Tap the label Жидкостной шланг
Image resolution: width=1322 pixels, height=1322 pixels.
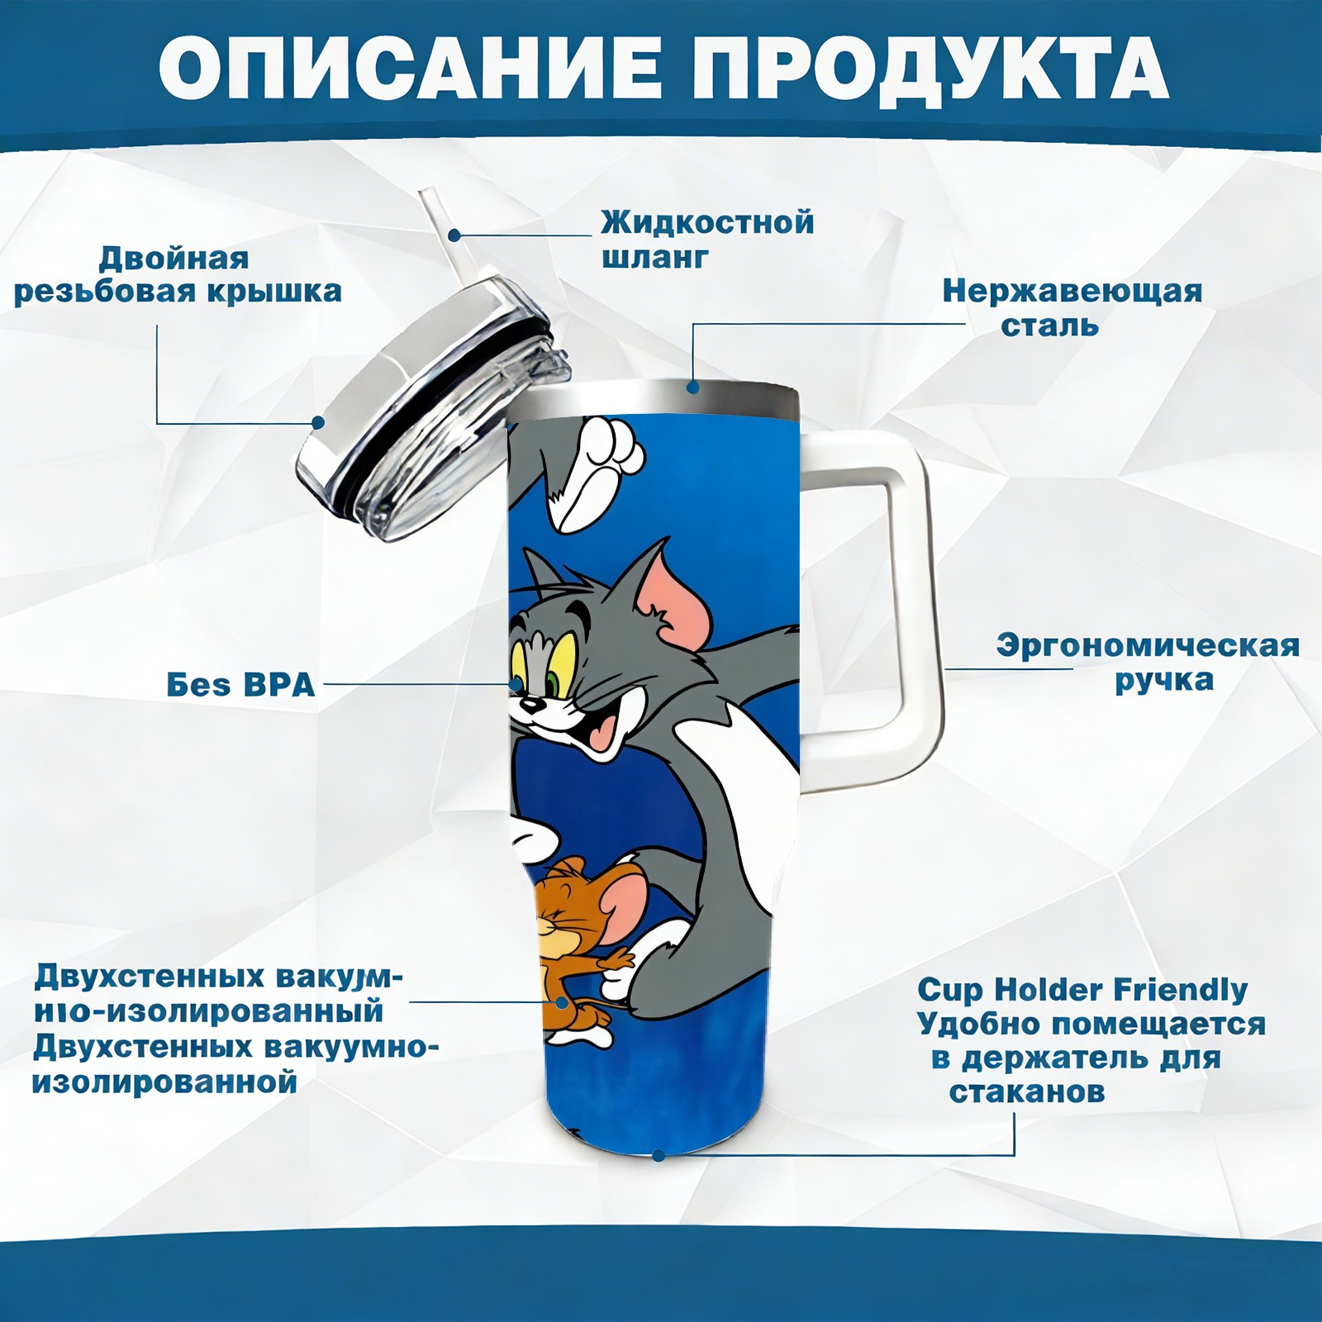707,239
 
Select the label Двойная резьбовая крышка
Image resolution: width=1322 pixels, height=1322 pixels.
177,274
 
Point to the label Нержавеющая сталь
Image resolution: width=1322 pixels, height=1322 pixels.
1072,307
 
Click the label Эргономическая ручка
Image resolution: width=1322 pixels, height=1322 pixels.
1147,663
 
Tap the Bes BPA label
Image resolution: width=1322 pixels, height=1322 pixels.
240,685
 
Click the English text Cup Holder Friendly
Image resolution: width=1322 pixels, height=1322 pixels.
1082,989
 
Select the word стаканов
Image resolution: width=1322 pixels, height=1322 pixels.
1026,1091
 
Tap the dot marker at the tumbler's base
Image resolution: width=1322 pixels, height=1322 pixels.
659,1154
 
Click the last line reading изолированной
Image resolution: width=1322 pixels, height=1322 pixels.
164,1082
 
